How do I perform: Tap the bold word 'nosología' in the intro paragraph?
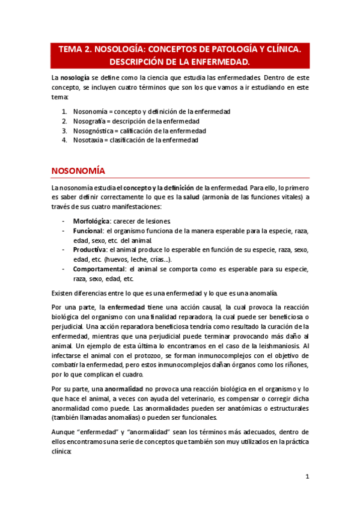75,78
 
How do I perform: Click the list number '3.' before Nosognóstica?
64,131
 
